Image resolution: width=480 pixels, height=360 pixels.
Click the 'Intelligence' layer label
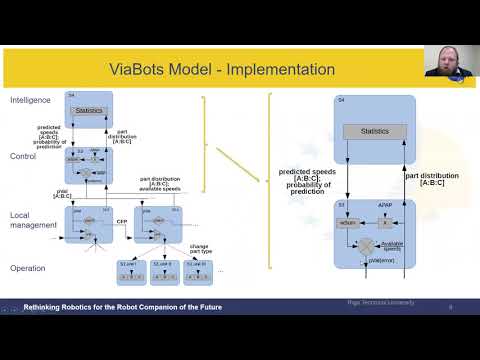[30, 101]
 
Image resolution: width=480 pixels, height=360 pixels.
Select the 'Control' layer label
[23, 157]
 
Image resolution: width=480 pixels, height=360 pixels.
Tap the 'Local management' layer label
[32, 220]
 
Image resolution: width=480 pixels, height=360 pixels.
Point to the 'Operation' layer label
[28, 268]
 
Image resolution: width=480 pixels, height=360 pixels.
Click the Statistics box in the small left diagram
[88, 109]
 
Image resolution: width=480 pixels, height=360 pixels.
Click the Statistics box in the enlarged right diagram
[374, 131]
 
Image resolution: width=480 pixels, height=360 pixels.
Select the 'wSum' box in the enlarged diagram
[350, 222]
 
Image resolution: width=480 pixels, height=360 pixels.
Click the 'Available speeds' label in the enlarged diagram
[393, 245]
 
